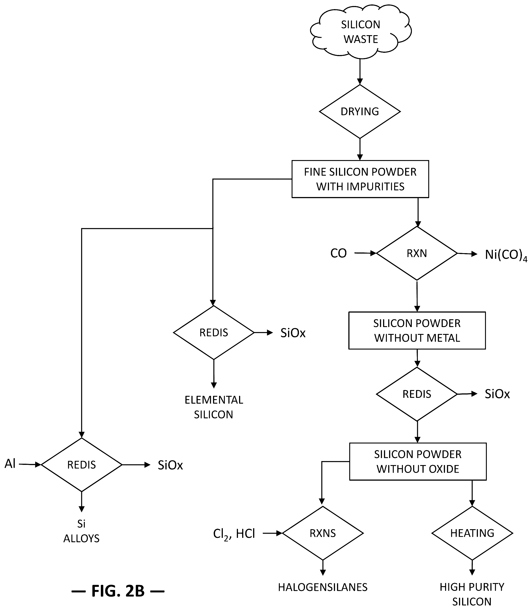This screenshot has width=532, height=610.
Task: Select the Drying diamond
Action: click(x=360, y=112)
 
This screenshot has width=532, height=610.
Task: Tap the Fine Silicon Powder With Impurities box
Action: click(x=360, y=179)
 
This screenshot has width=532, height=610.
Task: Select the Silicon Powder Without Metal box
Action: click(x=417, y=330)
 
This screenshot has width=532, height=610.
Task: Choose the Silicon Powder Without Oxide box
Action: click(x=418, y=462)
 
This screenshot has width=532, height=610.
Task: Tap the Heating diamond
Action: click(x=472, y=533)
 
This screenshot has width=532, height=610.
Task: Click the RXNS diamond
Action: click(x=323, y=533)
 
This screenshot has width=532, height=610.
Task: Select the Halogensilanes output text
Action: click(x=323, y=587)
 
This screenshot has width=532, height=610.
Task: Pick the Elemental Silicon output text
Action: click(x=214, y=407)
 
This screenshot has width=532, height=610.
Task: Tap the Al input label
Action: click(x=10, y=464)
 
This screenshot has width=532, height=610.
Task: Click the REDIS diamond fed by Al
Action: click(x=82, y=465)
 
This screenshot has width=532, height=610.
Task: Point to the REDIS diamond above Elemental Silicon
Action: click(x=214, y=332)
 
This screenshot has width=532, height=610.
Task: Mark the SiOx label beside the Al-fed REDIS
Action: click(x=170, y=465)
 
